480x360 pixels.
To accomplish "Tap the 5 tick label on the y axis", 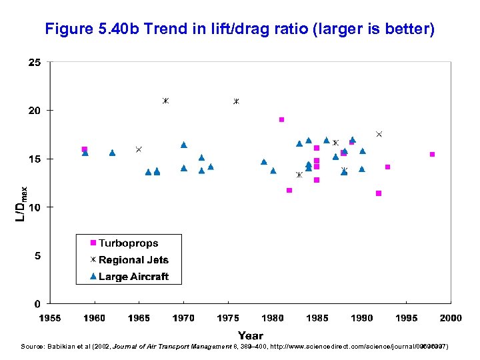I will (x=37, y=256).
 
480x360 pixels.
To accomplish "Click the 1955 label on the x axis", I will (x=50, y=318).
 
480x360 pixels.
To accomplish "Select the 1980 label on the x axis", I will (x=273, y=318).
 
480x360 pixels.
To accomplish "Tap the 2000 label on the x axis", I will (x=451, y=318).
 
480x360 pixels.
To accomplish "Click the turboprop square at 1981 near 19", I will (x=281, y=120).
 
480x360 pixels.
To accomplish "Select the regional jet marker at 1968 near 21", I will (x=165, y=101).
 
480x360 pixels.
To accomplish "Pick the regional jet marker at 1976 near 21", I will (x=236, y=101).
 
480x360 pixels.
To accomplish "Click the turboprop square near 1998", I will (x=432, y=155).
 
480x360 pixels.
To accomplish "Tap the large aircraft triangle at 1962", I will (x=112, y=153).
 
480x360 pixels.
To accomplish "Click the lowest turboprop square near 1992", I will (x=379, y=193).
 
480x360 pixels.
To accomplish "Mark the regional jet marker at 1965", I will (x=139, y=149).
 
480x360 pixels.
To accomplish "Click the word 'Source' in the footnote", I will (x=32, y=347).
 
